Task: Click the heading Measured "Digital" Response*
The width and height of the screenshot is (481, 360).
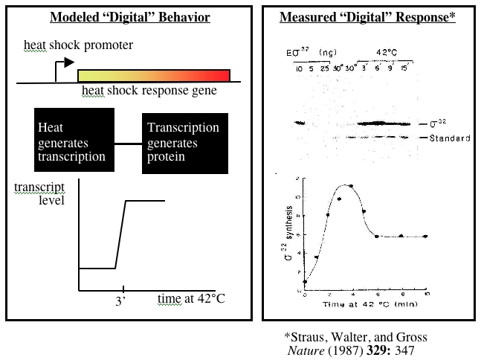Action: click(367, 18)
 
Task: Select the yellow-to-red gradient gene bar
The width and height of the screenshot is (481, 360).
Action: click(154, 75)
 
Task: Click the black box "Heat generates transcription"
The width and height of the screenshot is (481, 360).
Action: click(74, 141)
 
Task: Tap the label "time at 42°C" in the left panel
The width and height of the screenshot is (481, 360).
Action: click(190, 299)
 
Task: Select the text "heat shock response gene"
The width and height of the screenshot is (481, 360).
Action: click(149, 91)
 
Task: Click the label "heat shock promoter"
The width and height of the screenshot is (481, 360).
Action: click(79, 46)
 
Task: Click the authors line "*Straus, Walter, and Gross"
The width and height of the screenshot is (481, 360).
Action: click(356, 338)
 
